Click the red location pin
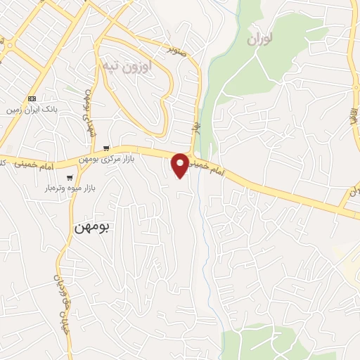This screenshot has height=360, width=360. [x=181, y=164]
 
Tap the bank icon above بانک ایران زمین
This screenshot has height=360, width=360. [x=32, y=98]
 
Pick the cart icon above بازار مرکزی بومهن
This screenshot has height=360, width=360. [x=106, y=148]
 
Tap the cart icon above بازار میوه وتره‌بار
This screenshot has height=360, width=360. [x=70, y=178]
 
